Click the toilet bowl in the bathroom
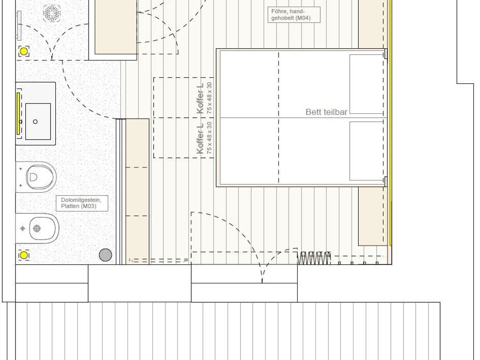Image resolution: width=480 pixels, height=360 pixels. (37, 177)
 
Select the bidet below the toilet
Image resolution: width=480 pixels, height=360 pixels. (37, 228)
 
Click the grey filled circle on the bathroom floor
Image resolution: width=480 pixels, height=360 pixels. (105, 255)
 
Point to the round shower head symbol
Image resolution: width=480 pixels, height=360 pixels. (52, 13)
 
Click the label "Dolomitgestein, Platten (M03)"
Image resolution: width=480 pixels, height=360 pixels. (82, 203)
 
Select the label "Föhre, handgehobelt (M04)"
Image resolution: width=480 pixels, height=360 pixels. (294, 15)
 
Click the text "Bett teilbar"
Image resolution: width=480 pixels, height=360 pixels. (326, 112)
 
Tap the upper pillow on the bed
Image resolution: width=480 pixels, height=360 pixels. (367, 84)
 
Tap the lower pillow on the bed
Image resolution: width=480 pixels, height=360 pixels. (367, 151)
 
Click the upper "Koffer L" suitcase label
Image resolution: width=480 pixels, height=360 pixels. (200, 98)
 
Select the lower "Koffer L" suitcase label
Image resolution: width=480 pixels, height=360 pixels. (200, 138)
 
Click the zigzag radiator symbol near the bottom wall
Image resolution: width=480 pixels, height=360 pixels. (314, 258)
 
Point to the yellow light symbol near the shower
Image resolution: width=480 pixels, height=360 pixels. (24, 51)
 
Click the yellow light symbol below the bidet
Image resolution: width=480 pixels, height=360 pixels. (24, 255)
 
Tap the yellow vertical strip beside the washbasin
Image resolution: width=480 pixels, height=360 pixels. (18, 113)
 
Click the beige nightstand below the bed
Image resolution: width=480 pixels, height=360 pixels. (373, 216)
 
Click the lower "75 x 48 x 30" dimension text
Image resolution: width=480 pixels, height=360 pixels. (210, 138)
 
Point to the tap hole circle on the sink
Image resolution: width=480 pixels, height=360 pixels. (35, 121)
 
